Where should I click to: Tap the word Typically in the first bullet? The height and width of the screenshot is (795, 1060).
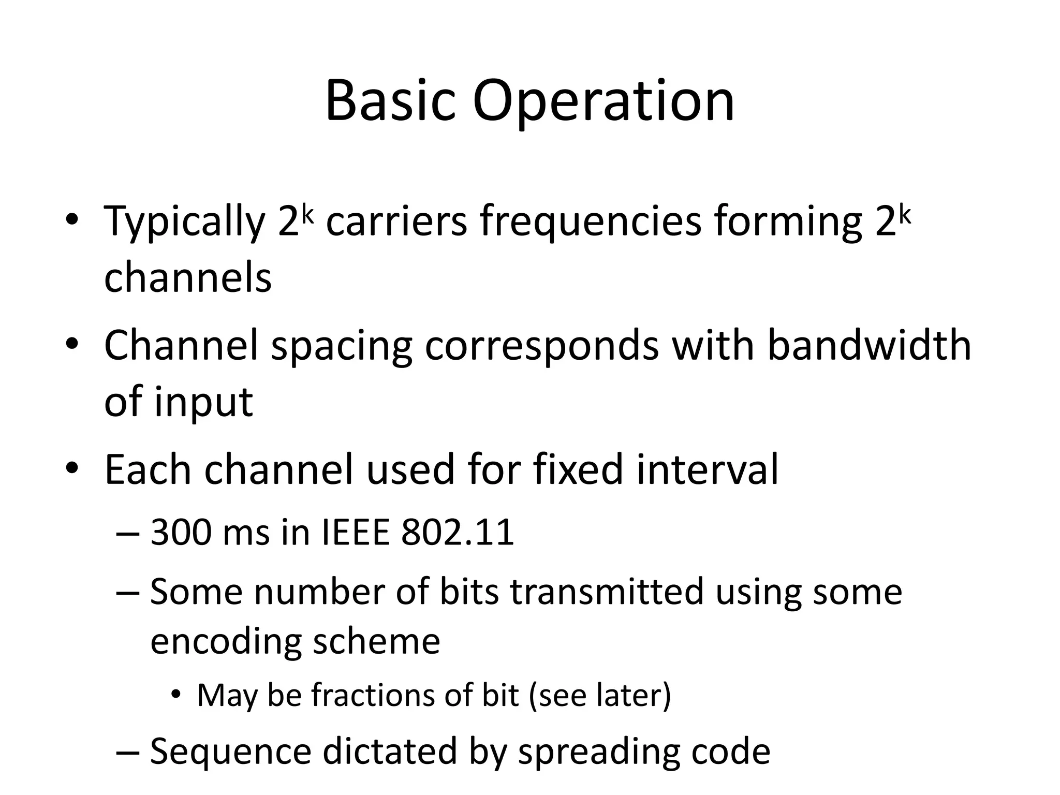tap(185, 222)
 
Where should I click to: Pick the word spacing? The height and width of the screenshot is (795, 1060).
tap(342, 346)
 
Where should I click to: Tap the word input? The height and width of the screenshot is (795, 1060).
tap(203, 402)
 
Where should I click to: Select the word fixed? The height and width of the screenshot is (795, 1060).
tap(578, 469)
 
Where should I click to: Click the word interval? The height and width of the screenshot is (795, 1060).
tap(707, 469)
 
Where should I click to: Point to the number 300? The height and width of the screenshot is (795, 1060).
tap(181, 533)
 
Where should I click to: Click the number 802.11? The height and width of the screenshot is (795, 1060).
tap(458, 533)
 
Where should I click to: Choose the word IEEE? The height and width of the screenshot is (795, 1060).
tap(356, 533)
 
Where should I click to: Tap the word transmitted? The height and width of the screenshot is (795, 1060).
tap(607, 592)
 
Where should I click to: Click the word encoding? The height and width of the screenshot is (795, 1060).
tap(226, 642)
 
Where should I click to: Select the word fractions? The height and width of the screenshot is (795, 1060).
tap(373, 695)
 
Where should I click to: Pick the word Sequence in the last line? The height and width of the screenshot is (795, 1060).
tap(230, 752)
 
